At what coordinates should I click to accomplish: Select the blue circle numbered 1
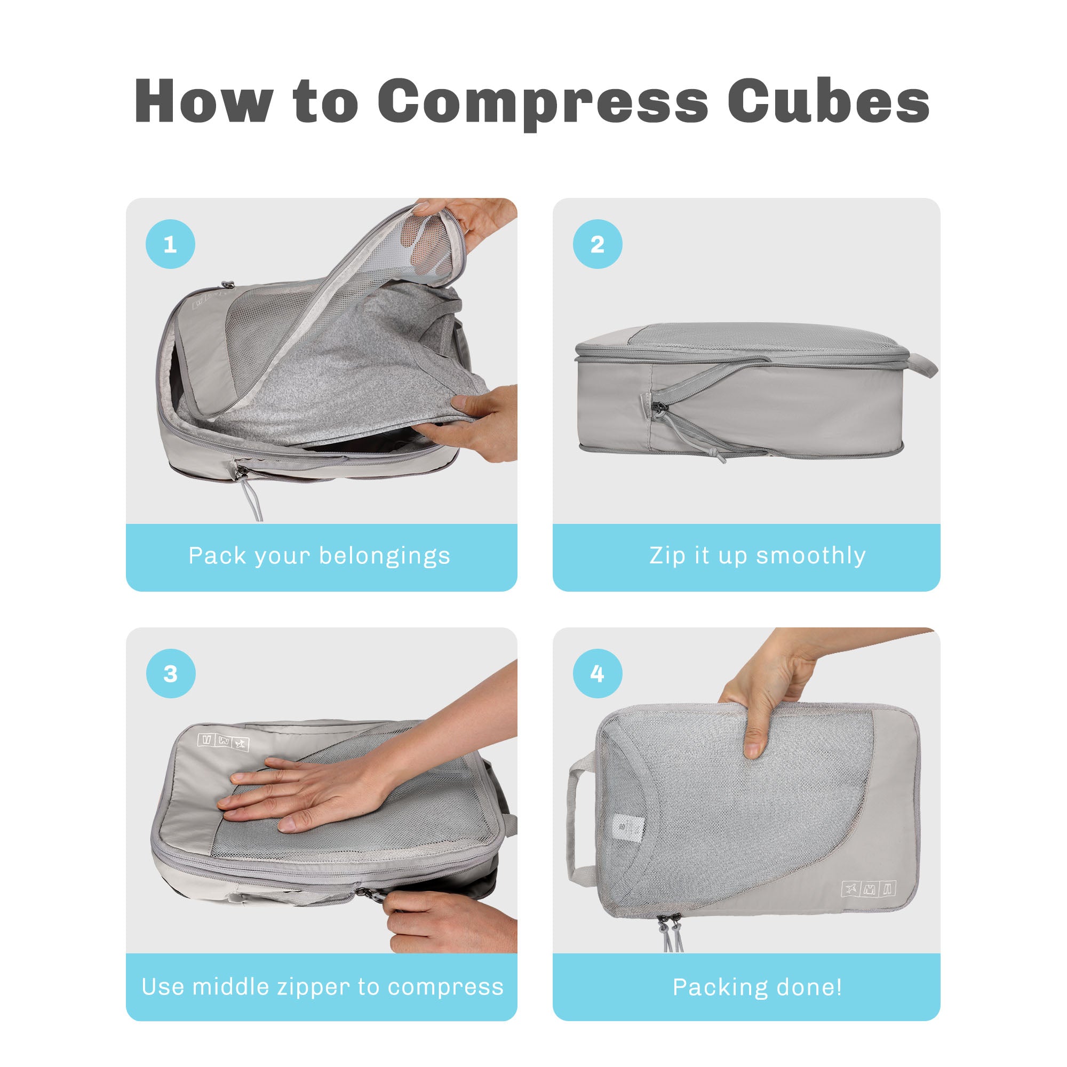tap(170, 244)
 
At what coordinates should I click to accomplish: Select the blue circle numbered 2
tap(598, 244)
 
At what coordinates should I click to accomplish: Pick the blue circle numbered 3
tap(171, 673)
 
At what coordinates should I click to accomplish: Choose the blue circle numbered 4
tap(598, 673)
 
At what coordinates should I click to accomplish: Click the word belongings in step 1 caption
tap(385, 556)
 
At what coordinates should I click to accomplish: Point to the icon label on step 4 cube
tap(869, 889)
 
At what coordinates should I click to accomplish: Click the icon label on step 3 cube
tap(223, 742)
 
